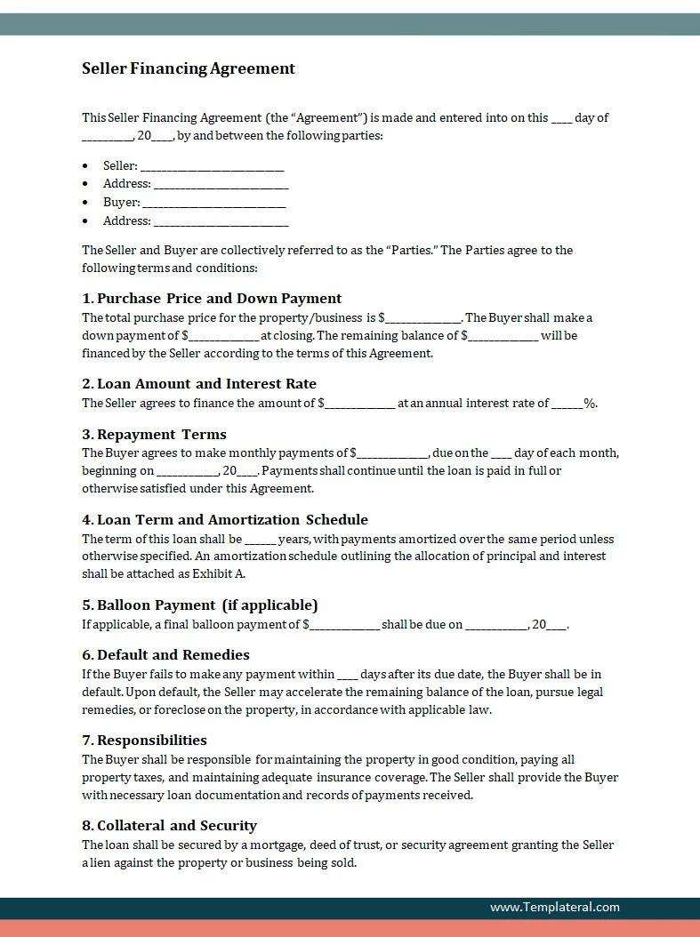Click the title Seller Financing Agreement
pyautogui.click(x=189, y=68)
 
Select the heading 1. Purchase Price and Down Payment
pyautogui.click(x=212, y=299)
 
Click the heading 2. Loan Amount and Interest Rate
pyautogui.click(x=199, y=384)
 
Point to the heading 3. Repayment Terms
pyautogui.click(x=154, y=435)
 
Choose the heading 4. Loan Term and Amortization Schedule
pyautogui.click(x=225, y=520)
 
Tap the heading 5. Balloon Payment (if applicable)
pyautogui.click(x=199, y=605)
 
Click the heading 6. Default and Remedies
pyautogui.click(x=165, y=655)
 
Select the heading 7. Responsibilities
pyautogui.click(x=144, y=741)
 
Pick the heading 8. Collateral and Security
pyautogui.click(x=169, y=826)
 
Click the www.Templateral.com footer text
pyautogui.click(x=554, y=908)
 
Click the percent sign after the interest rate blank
pyautogui.click(x=590, y=404)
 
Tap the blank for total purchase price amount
pyautogui.click(x=422, y=318)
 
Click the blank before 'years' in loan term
pyautogui.click(x=260, y=540)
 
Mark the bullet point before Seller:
pyautogui.click(x=85, y=166)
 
